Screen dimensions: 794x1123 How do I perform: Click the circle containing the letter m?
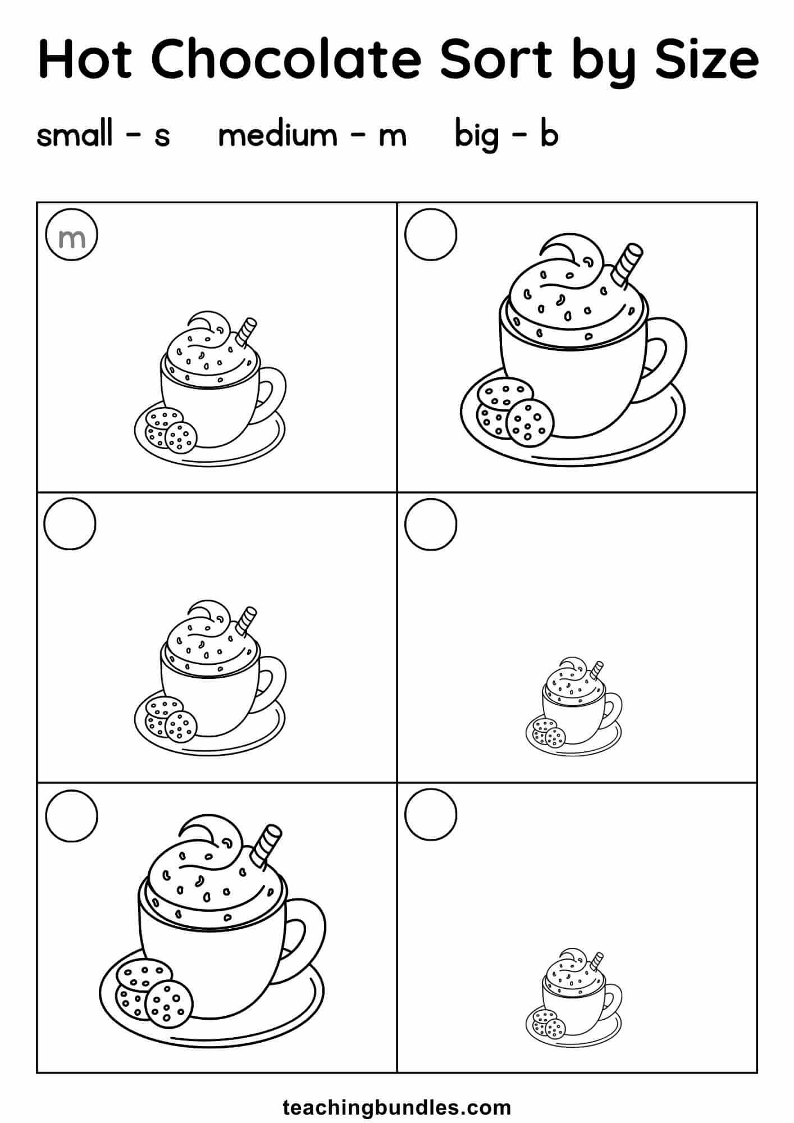tap(71, 235)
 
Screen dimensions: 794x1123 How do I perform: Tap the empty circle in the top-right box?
tap(431, 235)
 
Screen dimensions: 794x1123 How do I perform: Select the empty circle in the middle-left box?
tap(70, 523)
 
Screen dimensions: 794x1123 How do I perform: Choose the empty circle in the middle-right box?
tap(431, 524)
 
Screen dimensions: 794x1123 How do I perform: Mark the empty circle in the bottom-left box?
tap(71, 815)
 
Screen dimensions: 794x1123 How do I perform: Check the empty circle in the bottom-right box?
tap(431, 814)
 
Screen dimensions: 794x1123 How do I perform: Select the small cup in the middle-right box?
tap(574, 704)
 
